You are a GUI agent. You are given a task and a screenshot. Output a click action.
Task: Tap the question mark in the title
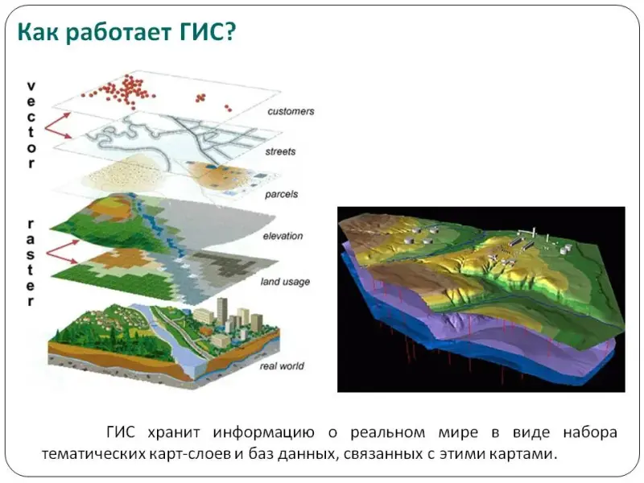click(x=229, y=31)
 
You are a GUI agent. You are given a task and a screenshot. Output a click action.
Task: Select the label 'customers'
click(x=291, y=111)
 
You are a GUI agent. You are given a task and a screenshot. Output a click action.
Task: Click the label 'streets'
click(x=280, y=151)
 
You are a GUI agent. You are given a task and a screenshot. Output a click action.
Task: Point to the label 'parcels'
click(x=281, y=194)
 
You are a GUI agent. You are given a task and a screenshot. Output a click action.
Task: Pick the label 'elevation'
click(x=283, y=236)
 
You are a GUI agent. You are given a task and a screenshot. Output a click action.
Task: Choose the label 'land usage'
click(x=285, y=282)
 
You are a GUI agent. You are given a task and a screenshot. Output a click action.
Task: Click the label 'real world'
click(x=282, y=366)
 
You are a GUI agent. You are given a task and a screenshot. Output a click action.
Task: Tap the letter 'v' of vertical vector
click(x=31, y=86)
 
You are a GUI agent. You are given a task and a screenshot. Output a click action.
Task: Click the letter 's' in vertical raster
click(x=31, y=255)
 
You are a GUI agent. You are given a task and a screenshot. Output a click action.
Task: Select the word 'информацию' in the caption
click(x=264, y=432)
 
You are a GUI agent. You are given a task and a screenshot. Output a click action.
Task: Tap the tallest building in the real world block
click(x=222, y=311)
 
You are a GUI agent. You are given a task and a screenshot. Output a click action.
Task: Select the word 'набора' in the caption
click(x=590, y=432)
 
